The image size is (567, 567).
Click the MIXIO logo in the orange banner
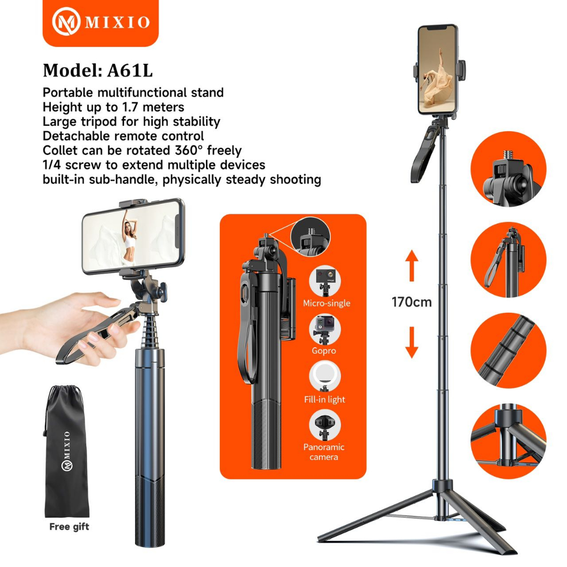pyautogui.click(x=101, y=22)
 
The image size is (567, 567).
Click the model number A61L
pyautogui.click(x=130, y=70)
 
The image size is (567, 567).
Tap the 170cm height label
pyautogui.click(x=411, y=302)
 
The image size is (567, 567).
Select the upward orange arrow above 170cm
pyautogui.click(x=411, y=265)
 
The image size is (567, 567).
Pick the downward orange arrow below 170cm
pyautogui.click(x=411, y=342)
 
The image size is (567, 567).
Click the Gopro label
pyautogui.click(x=324, y=350)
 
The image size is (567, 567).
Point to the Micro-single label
pyautogui.click(x=327, y=303)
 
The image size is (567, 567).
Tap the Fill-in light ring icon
pyautogui.click(x=324, y=377)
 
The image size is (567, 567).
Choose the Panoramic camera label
pyautogui.click(x=323, y=452)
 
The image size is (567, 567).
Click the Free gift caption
pyautogui.click(x=69, y=527)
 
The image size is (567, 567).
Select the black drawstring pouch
pyautogui.click(x=66, y=452)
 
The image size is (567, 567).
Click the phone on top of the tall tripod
pyautogui.click(x=439, y=69)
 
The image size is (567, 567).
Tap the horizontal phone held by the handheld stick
pyautogui.click(x=133, y=236)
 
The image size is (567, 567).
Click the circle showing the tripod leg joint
pyautogui.click(x=508, y=441)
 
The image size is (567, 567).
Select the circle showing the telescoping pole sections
pyautogui.click(x=508, y=350)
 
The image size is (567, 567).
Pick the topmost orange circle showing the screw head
pyautogui.click(x=508, y=169)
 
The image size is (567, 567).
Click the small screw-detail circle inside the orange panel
pyautogui.click(x=311, y=236)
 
